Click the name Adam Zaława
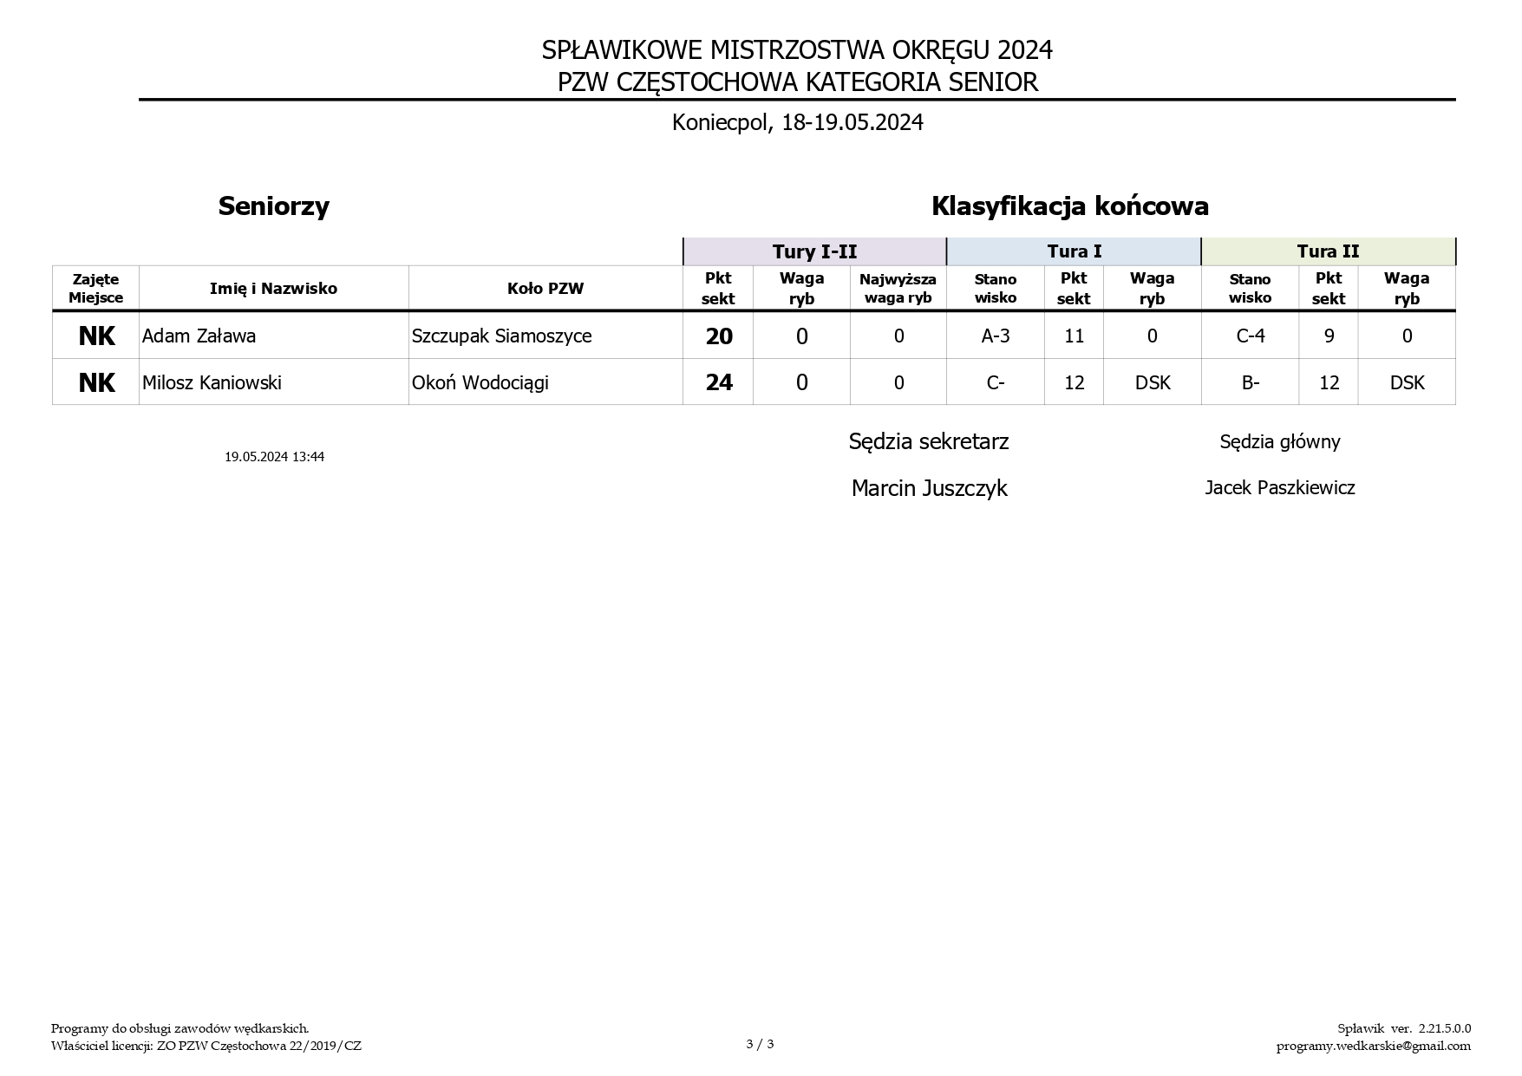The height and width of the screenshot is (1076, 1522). point(199,336)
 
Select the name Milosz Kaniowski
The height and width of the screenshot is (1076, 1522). point(212,383)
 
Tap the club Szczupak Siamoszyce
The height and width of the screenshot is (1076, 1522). point(501,336)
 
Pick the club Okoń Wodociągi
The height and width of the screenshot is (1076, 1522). point(480,383)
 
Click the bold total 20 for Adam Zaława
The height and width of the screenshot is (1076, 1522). point(719,336)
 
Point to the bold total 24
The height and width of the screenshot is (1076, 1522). point(719,383)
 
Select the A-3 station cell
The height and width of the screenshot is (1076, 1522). point(995,336)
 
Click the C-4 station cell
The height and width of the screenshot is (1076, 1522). point(1250,336)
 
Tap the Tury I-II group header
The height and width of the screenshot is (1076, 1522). point(814,251)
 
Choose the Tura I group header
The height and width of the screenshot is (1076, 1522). point(1074,251)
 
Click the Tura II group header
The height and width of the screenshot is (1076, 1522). point(1328,251)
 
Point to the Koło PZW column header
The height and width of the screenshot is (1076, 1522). point(545,289)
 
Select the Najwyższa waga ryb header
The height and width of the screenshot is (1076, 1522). point(898,289)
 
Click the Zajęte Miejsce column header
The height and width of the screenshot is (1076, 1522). point(95,289)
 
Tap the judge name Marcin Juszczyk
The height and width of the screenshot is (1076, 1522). point(929,488)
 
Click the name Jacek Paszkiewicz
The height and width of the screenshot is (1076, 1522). point(1279,488)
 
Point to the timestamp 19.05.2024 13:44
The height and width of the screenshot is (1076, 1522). point(274,457)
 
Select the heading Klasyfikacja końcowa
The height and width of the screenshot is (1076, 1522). point(1069,206)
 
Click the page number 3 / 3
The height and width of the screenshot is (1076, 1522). point(760,1044)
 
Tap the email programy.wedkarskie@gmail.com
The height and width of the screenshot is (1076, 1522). point(1373,1046)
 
